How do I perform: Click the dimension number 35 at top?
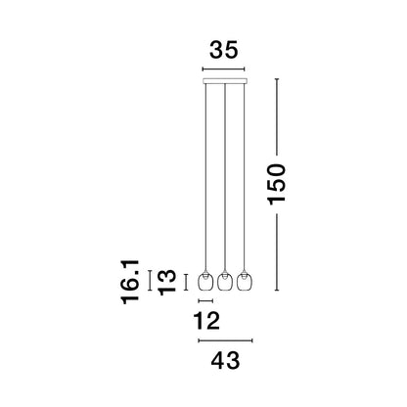224,50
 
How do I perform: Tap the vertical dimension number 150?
277,185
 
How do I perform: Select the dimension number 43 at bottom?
225,361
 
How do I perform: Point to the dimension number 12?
206,321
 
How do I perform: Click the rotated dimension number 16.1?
130,282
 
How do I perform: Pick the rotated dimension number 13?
167,283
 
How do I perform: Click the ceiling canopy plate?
225,81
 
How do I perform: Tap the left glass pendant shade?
205,281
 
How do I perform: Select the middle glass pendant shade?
224,281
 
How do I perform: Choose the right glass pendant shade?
245,281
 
